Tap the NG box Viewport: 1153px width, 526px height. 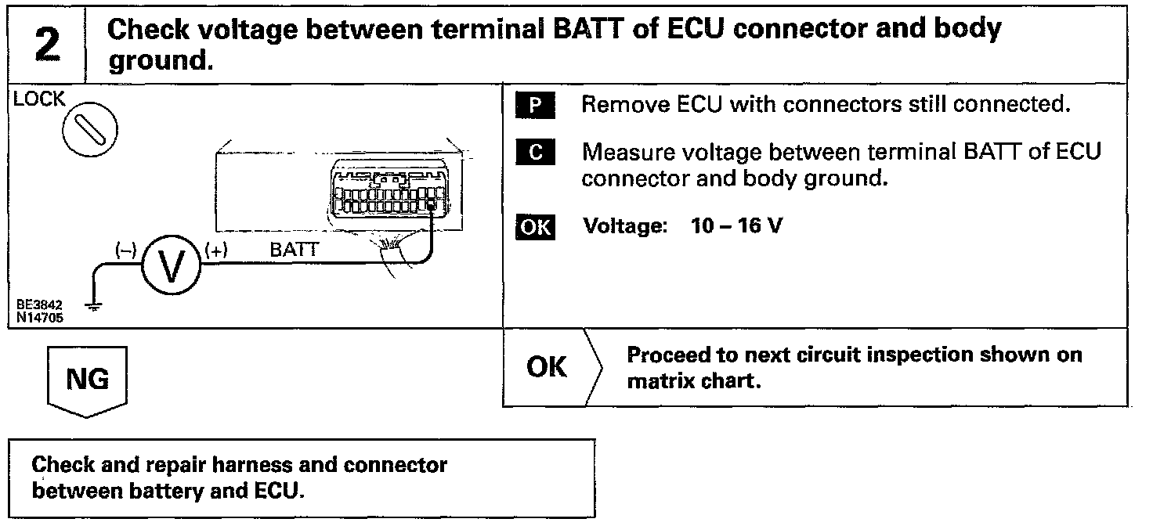point(87,380)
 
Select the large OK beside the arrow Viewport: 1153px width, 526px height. point(547,367)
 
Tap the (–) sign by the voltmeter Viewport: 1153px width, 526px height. point(125,250)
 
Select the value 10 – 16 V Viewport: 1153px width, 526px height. point(736,227)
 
